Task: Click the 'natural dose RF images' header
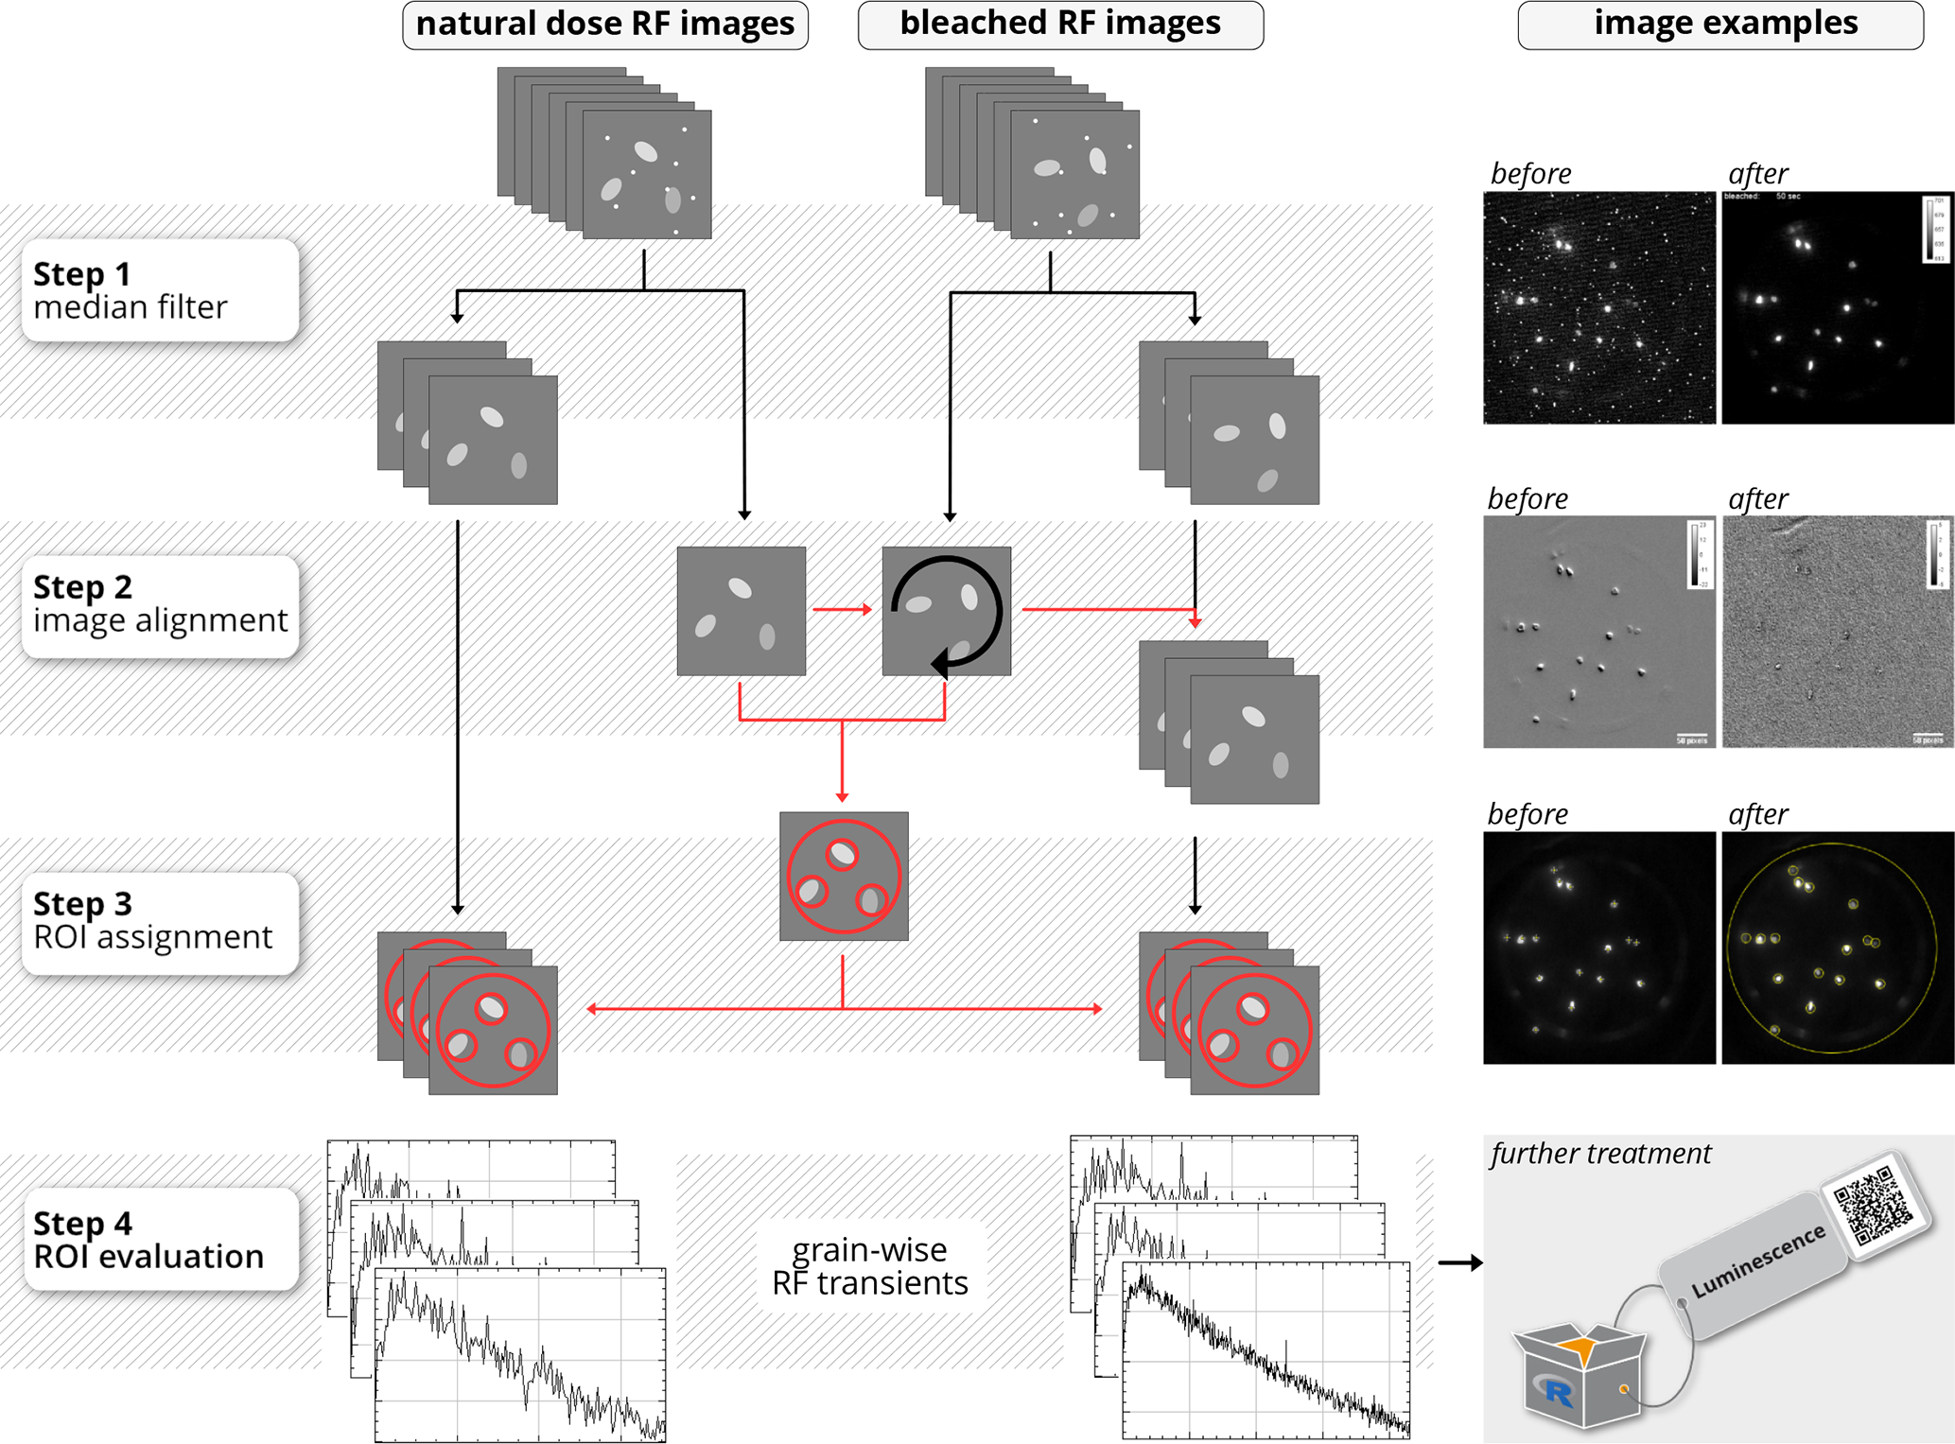pos(605,25)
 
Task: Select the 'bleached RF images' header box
pos(1060,25)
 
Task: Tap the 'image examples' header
pos(1720,25)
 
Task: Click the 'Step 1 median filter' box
pos(160,290)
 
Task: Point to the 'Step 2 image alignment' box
pos(160,605)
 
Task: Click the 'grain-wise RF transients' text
pos(870,1266)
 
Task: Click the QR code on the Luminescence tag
pos(1870,1202)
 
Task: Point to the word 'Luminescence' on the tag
pos(1757,1261)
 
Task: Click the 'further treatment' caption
pos(1600,1154)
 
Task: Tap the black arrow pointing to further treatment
pos(1459,1262)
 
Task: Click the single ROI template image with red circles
pos(844,877)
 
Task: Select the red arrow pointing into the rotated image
pos(842,610)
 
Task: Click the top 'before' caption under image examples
pos(1530,174)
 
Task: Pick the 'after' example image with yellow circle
pos(1837,948)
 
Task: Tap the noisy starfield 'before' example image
pos(1598,308)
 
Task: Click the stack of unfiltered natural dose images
pos(604,152)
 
